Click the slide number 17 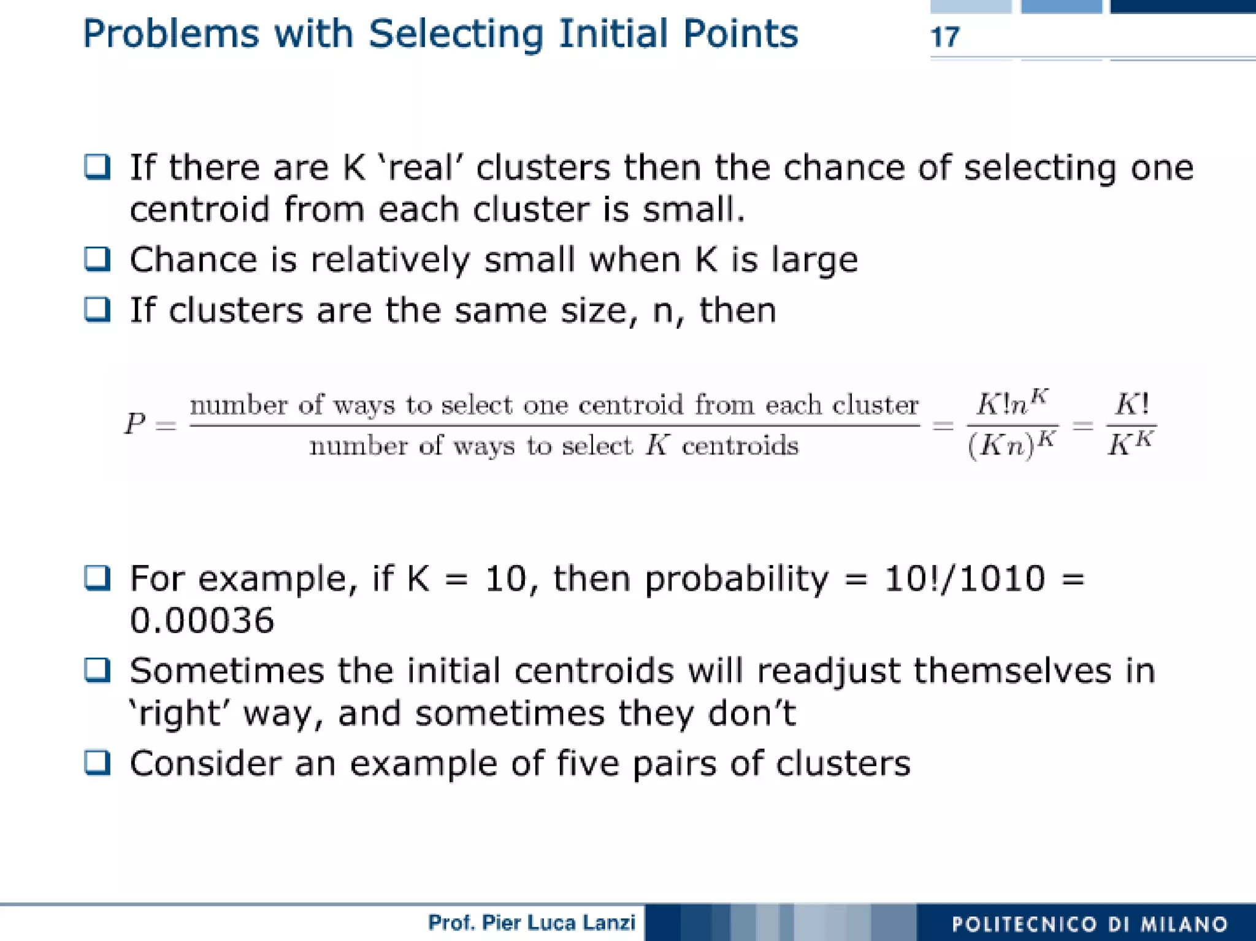tap(944, 37)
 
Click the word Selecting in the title tap(456, 34)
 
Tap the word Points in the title tap(740, 34)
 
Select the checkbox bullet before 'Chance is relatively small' tap(97, 259)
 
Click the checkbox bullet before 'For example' tap(97, 578)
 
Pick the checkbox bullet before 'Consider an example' tap(97, 763)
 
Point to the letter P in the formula tap(135, 424)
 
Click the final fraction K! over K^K tap(1131, 424)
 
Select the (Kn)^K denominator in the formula tap(1012, 444)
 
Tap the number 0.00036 tap(202, 620)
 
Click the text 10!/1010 tap(964, 578)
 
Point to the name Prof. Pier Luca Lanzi tap(531, 923)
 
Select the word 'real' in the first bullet tap(421, 167)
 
